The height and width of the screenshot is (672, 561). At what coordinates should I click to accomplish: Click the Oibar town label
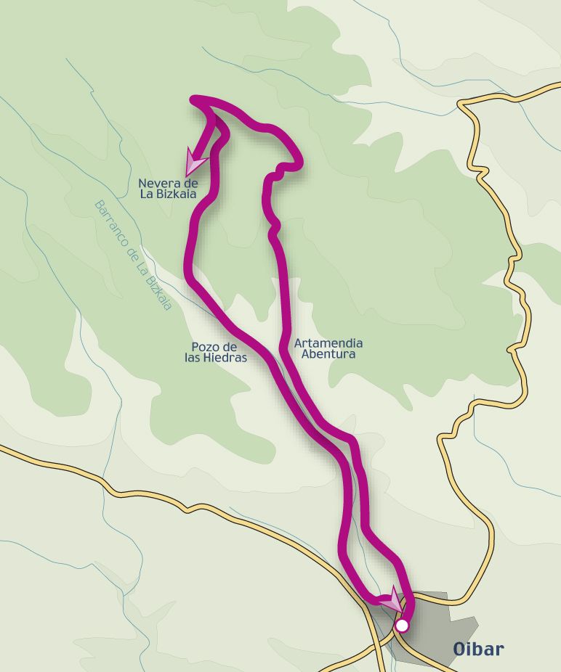point(478,649)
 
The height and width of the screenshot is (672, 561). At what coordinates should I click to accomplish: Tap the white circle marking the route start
point(401,625)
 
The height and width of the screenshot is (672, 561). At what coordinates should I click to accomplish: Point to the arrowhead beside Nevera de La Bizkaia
point(195,161)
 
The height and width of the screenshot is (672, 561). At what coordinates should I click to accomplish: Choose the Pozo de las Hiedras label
point(216,352)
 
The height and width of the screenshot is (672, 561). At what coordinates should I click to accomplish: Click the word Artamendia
point(328,343)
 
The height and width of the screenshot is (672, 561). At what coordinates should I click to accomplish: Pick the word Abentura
point(328,354)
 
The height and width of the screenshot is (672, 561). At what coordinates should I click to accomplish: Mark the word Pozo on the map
point(203,347)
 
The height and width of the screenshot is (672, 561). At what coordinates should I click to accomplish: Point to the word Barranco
point(110,222)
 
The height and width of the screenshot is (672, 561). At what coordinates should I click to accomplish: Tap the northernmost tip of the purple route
point(193,99)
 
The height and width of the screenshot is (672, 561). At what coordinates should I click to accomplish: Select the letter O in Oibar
point(459,649)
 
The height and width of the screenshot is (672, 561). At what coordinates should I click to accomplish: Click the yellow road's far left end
point(2,448)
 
